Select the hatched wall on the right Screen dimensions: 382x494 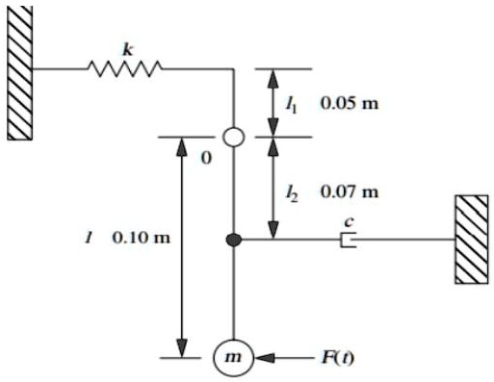[472, 239]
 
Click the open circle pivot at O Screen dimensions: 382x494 [232, 138]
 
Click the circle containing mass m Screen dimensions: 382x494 [232, 358]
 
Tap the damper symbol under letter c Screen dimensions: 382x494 [349, 240]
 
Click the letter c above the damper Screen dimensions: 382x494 [349, 222]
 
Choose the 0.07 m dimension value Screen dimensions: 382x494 [350, 193]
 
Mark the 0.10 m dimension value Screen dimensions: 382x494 [141, 237]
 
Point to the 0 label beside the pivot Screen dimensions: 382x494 [205, 158]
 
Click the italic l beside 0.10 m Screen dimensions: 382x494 [90, 237]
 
